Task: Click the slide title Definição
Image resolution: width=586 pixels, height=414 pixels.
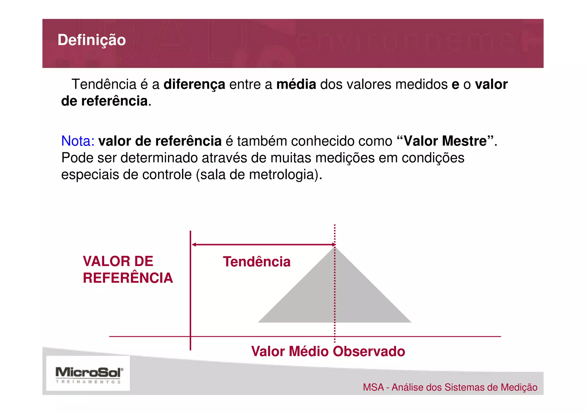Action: coord(92,40)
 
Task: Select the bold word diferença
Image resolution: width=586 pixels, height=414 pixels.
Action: coord(194,84)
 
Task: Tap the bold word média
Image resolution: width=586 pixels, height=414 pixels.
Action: coord(296,84)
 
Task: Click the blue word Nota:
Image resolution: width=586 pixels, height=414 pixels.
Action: coord(78,141)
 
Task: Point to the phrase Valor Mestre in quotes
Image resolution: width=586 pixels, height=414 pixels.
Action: coord(445,141)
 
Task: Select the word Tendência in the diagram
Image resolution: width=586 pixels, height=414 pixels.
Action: coord(257,262)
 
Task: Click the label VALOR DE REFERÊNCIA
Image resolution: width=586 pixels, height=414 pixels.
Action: coord(128,270)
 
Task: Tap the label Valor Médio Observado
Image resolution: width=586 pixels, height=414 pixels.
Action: coord(328,351)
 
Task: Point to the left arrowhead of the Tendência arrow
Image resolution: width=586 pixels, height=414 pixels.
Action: coord(194,245)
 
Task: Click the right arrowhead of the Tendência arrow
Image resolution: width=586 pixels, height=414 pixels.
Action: coord(333,245)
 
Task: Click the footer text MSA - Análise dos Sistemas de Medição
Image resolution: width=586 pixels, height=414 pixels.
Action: coord(450,387)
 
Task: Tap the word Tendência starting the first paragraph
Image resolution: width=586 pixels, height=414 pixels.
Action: coord(104,84)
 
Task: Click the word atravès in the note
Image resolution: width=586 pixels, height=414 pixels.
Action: coord(224,158)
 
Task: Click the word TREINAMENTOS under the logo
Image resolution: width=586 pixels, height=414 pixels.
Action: coord(88,382)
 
